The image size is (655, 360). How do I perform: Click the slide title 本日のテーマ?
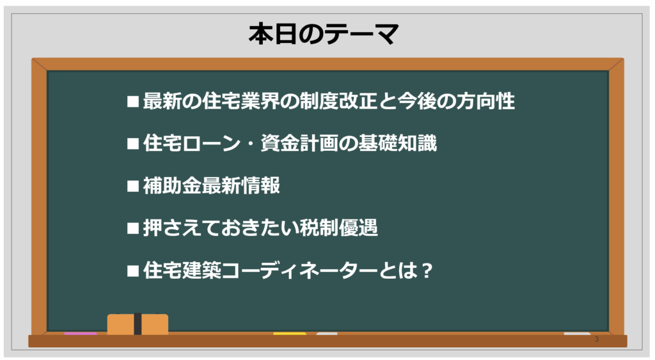324,34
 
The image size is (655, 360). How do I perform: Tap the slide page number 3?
597,339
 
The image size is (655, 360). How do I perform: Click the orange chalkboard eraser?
138,324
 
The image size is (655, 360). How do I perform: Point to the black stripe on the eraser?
138,324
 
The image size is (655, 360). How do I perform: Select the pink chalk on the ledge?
81,333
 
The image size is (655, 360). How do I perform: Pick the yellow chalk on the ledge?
290,333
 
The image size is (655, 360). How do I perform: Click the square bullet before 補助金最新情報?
133,186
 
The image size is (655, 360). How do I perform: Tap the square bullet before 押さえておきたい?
133,228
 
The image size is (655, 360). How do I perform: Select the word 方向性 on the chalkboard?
485,101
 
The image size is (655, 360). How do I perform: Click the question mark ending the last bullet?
427,270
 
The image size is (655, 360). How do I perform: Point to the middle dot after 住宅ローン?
251,144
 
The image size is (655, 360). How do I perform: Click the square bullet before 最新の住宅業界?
133,102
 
